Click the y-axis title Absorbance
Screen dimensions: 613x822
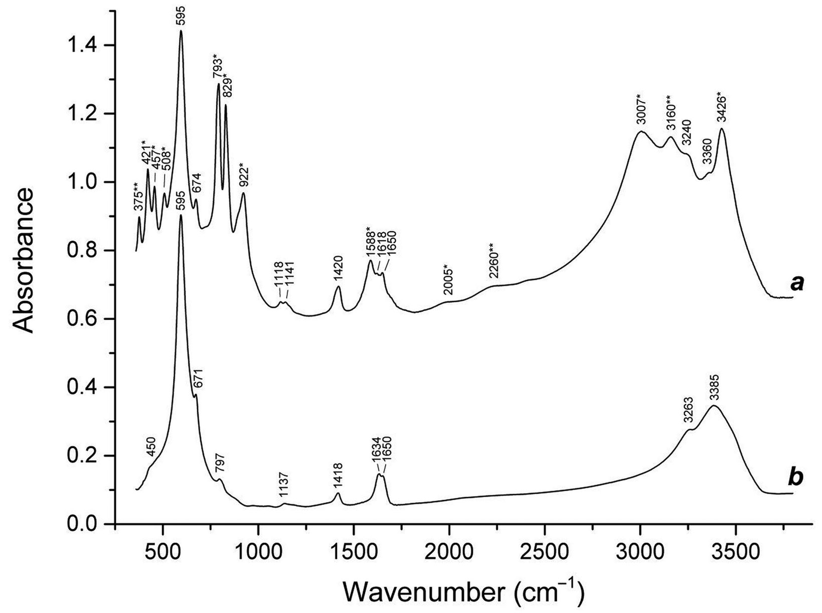pos(25,261)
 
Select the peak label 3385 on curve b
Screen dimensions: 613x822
pos(714,388)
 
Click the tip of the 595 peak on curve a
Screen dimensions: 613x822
pos(181,31)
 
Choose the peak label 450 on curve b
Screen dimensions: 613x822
pos(151,445)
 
